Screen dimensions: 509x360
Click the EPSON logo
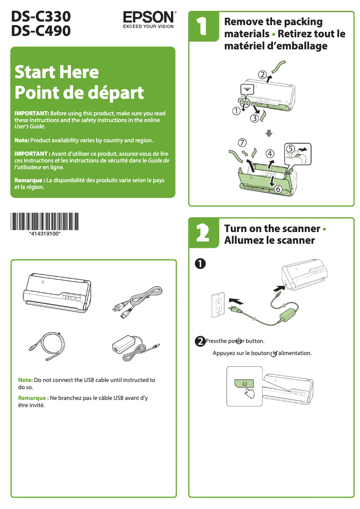coord(149,18)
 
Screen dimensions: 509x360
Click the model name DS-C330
coord(41,17)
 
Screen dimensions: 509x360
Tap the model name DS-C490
coord(41,31)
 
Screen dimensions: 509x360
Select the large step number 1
coord(202,26)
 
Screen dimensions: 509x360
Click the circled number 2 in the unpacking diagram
coord(262,74)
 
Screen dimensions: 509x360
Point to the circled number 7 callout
coord(242,143)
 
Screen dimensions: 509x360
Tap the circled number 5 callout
coord(290,148)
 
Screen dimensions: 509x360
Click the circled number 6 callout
coord(278,189)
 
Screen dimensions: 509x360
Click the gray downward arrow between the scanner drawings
coord(268,132)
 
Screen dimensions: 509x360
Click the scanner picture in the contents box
coord(57,292)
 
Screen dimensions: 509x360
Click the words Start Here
coord(57,72)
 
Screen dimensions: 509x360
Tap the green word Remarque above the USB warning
coord(33,398)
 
